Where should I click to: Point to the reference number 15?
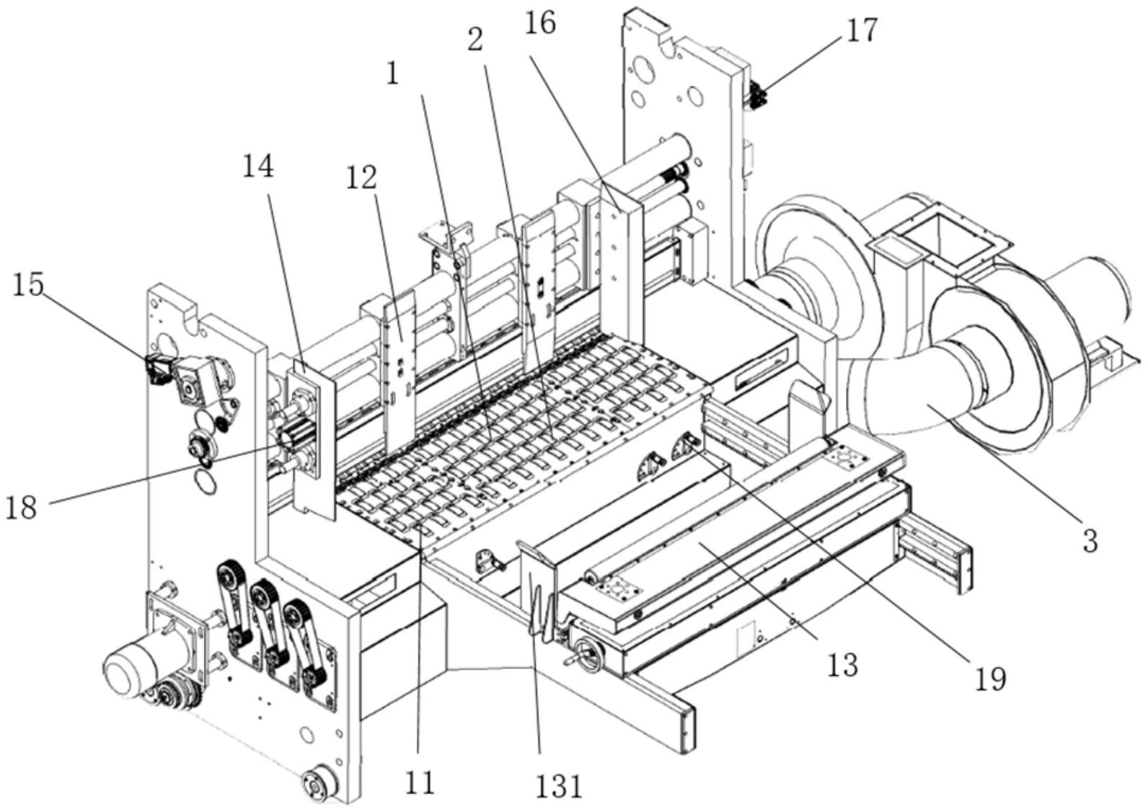27,286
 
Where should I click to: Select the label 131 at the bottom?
559,785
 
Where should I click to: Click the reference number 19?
990,678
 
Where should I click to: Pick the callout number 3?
1089,539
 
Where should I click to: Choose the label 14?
257,167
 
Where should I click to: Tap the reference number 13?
842,664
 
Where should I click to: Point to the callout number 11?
420,782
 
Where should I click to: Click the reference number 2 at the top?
474,41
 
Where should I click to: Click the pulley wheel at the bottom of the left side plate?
319,785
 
